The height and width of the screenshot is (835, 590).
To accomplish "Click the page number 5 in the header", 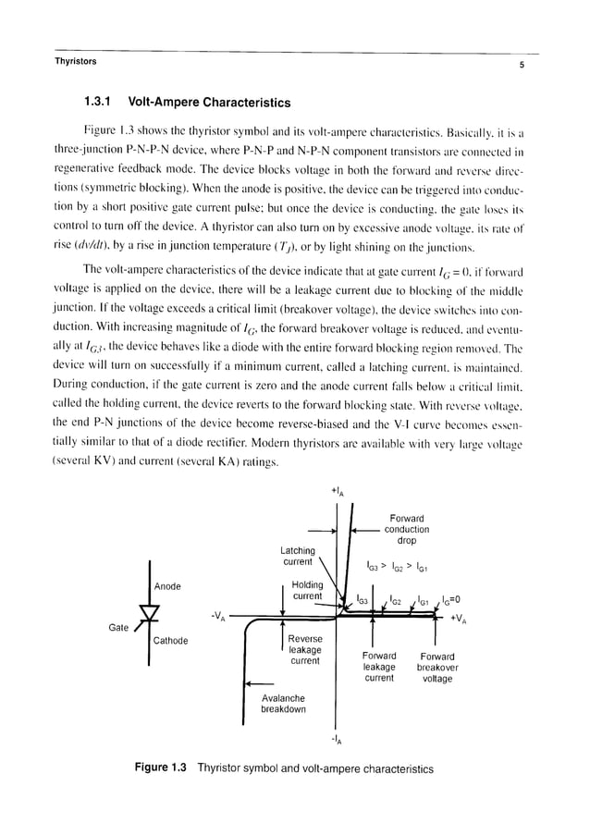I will [522, 65].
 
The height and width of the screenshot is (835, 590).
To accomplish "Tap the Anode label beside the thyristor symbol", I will [167, 586].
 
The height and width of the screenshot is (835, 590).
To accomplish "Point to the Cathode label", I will [170, 640].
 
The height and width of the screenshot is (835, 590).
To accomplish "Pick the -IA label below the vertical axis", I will [335, 740].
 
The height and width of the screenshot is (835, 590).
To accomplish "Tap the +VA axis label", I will [458, 620].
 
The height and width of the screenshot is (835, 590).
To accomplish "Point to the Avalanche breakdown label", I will [282, 704].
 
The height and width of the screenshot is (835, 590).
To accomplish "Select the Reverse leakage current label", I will [305, 650].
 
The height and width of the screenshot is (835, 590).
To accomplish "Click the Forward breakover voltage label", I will [436, 667].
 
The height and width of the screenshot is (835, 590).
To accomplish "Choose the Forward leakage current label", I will [379, 667].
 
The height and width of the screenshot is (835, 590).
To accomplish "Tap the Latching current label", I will [298, 557].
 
